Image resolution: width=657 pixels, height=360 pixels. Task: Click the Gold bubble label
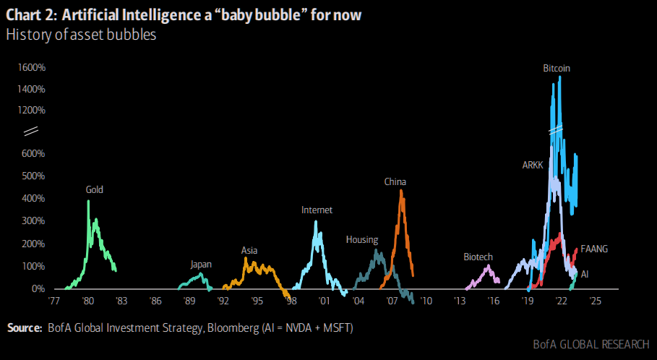[x=95, y=190]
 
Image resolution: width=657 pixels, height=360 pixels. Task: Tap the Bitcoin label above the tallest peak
[x=557, y=68]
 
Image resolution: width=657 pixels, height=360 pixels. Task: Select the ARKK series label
[x=534, y=165]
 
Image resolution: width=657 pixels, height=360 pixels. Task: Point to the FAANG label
[x=594, y=249]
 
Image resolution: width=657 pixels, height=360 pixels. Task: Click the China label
[x=395, y=182]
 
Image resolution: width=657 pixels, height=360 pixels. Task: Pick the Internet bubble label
[x=317, y=210]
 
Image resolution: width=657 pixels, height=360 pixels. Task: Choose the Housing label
[x=361, y=239]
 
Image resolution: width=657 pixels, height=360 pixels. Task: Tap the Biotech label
[x=478, y=257]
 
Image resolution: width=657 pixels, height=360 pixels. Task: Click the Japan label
[x=201, y=264]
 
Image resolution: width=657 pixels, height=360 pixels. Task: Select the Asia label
[x=249, y=250]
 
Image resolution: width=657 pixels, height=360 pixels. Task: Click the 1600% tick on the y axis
[x=33, y=67]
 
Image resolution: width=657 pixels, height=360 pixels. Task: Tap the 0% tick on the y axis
[x=39, y=288]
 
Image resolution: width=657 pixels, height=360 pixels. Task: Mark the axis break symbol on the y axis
[x=31, y=132]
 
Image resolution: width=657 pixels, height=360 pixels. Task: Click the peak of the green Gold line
[x=88, y=201]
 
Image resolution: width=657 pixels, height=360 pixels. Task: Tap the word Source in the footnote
[x=24, y=328]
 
